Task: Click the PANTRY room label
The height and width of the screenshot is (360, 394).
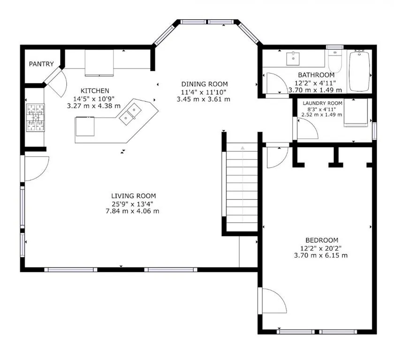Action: [x=41, y=64]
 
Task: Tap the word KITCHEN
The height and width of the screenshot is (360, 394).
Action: [x=95, y=90]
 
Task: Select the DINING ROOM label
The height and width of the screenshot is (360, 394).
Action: [x=205, y=84]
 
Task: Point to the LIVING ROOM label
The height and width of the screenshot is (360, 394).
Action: [x=133, y=196]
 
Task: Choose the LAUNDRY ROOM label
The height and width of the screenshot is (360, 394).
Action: [x=322, y=103]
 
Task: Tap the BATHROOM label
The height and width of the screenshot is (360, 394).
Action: [x=316, y=75]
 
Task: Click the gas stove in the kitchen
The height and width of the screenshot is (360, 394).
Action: [x=36, y=118]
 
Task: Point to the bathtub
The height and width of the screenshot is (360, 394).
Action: [x=360, y=71]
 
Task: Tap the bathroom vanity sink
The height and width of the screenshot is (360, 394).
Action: [x=293, y=59]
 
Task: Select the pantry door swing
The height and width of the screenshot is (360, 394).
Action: [x=57, y=81]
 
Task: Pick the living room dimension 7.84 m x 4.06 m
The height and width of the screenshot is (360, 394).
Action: [x=132, y=211]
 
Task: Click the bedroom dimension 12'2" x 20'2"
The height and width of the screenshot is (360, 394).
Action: [x=321, y=248]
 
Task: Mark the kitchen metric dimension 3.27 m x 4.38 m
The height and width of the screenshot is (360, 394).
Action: [x=94, y=106]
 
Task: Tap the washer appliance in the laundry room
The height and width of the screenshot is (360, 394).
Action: [x=356, y=112]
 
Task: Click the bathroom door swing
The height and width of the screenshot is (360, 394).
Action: [x=276, y=84]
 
